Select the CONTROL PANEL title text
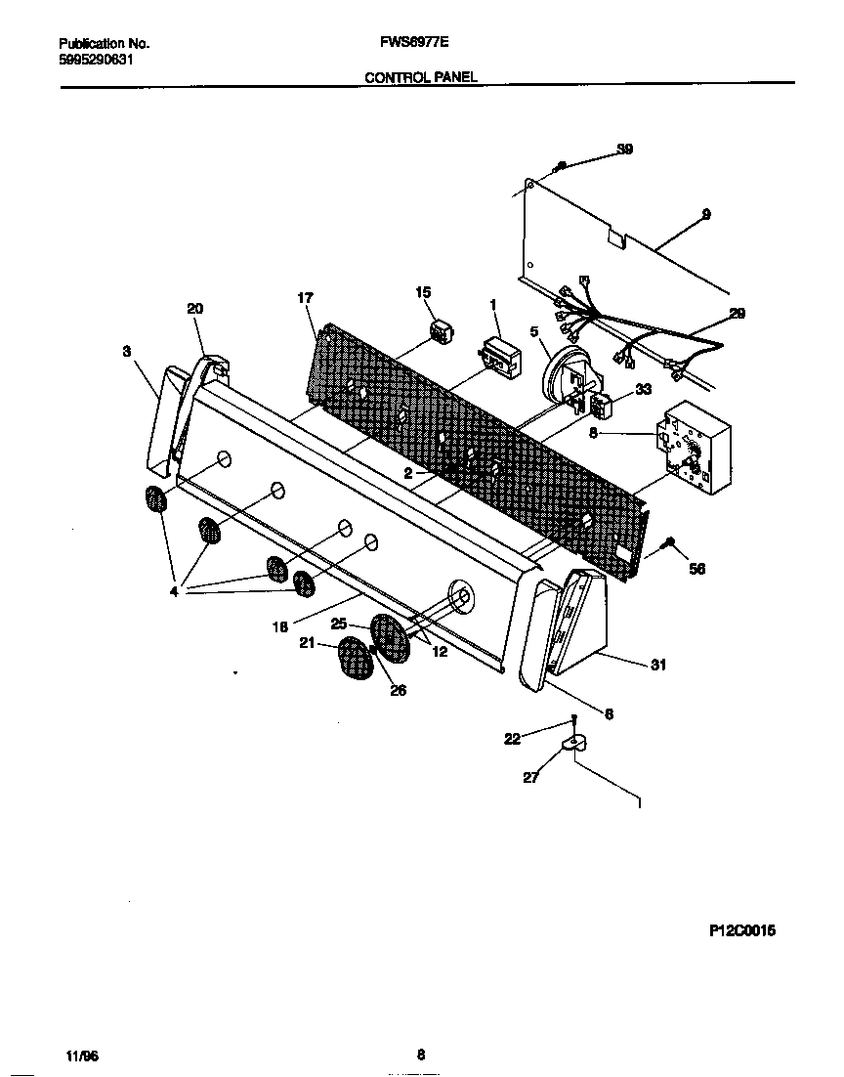(421, 76)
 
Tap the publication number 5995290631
(96, 59)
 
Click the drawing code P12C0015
(741, 931)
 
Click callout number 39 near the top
(624, 150)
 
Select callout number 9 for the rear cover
(705, 213)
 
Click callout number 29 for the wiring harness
(737, 313)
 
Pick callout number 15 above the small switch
(423, 292)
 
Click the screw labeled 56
(669, 541)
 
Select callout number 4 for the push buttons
(174, 591)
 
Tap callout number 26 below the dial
(399, 690)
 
